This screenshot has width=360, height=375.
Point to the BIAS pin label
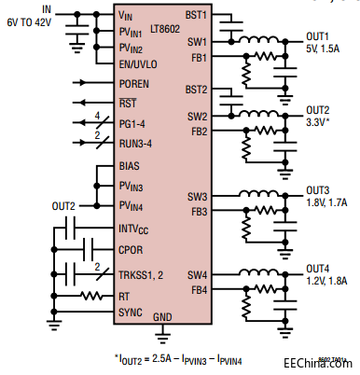(130, 165)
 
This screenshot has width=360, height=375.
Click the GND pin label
(162, 317)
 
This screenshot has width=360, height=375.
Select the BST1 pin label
(195, 16)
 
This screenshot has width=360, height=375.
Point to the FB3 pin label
(197, 212)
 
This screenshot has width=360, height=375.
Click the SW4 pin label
(197, 273)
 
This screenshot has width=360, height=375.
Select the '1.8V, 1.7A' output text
(328, 201)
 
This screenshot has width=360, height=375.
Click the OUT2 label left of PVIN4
(64, 205)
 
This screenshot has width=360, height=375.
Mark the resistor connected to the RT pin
(90, 296)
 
